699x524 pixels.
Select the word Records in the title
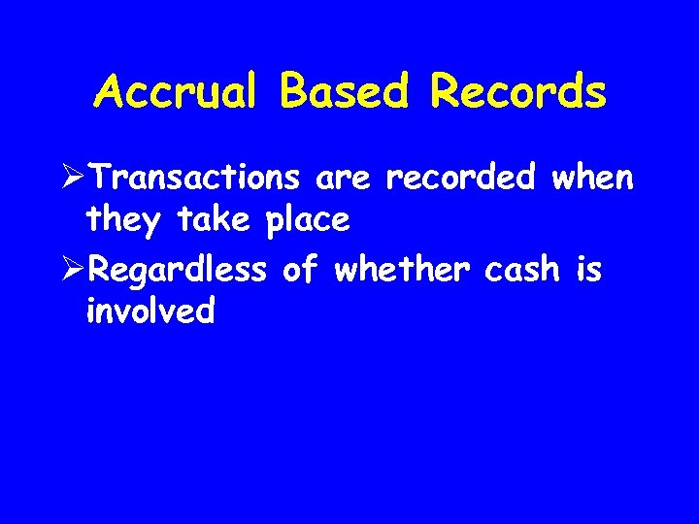pos(518,92)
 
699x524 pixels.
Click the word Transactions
pos(206,179)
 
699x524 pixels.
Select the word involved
pos(150,311)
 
